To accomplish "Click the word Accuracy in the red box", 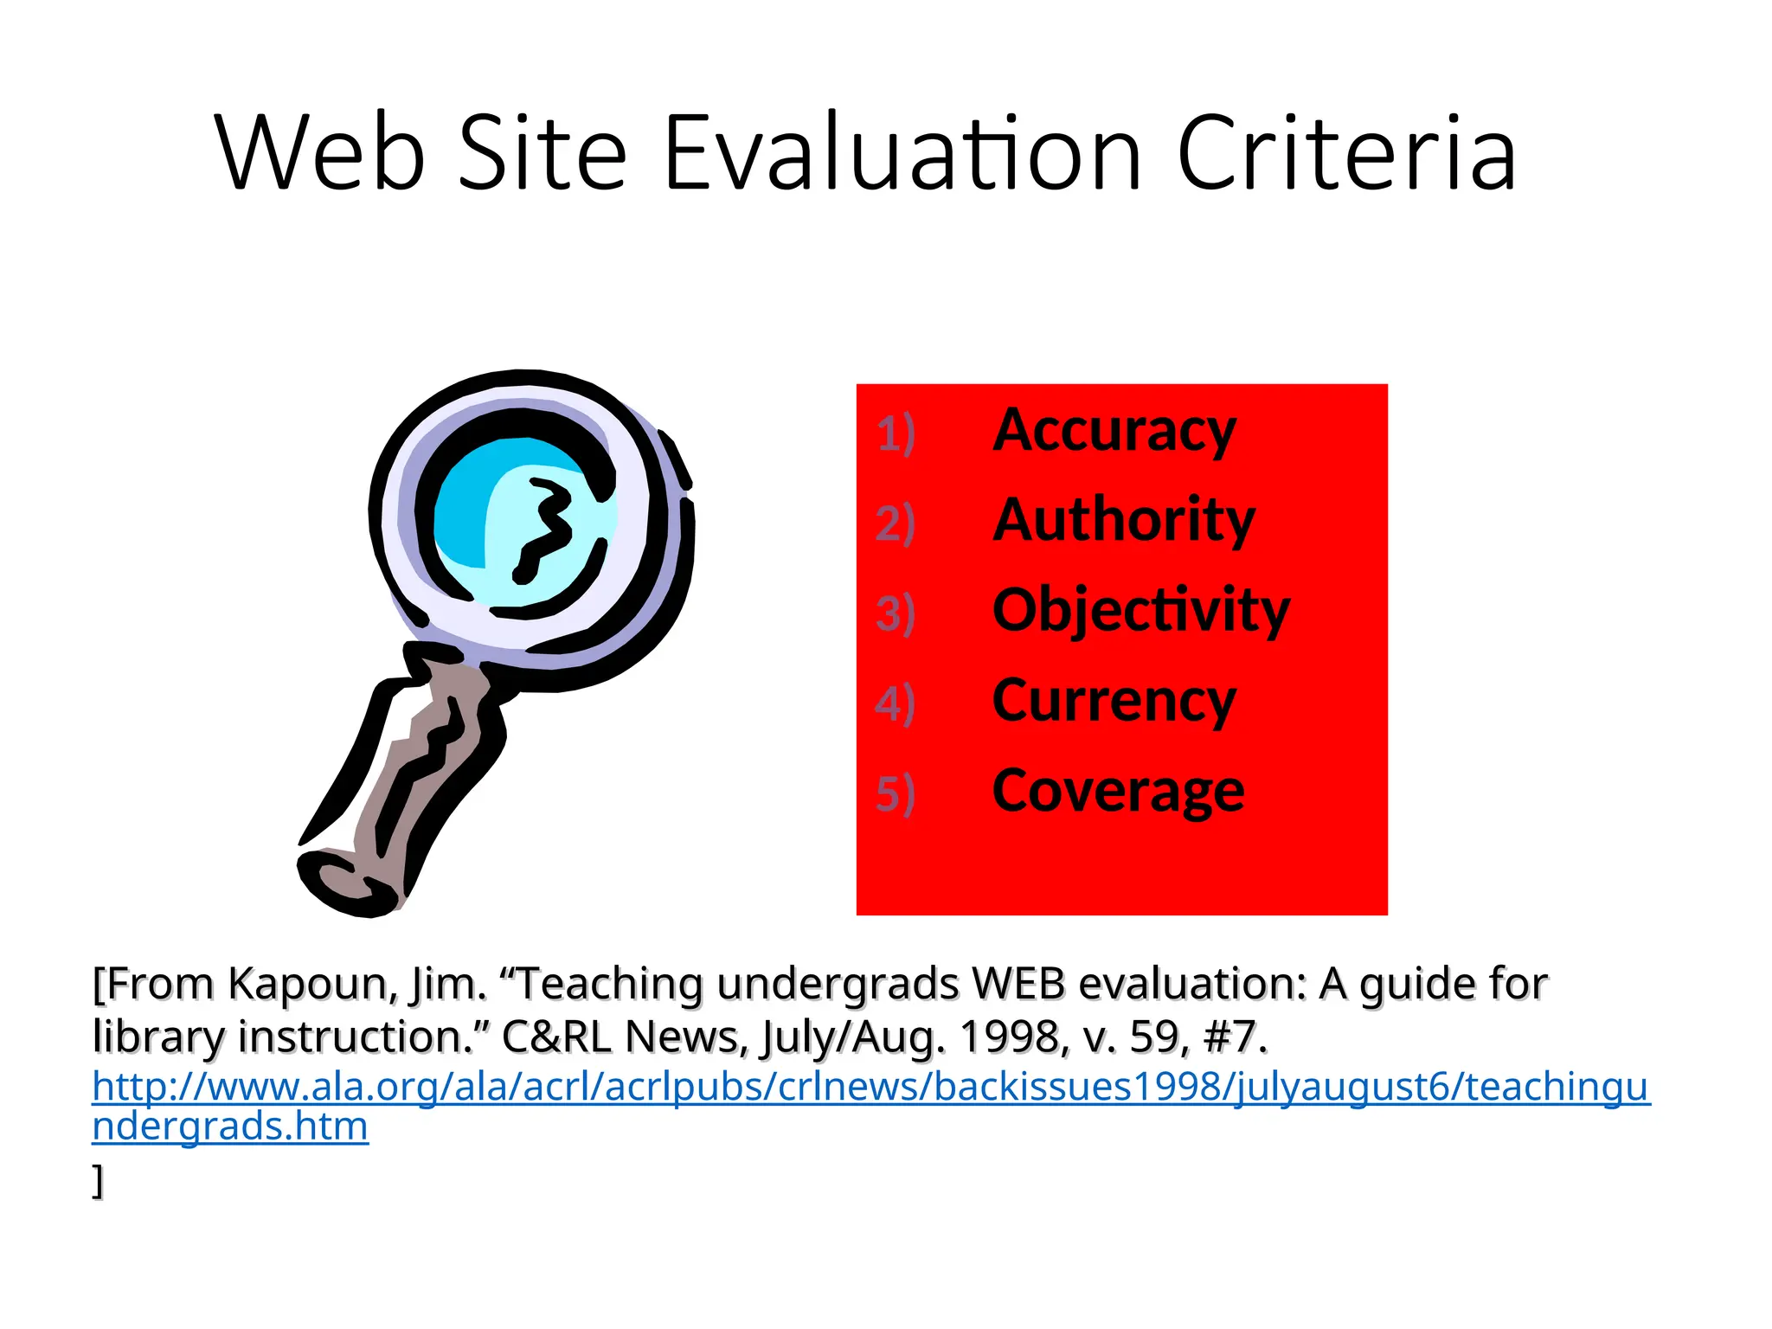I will tap(1114, 431).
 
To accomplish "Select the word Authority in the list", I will tap(1124, 521).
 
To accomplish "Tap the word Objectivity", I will tap(1141, 611).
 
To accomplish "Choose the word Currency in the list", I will tap(1114, 701).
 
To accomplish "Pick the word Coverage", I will tap(1119, 791).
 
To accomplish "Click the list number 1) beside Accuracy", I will tap(896, 433).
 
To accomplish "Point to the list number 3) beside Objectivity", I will tap(896, 613).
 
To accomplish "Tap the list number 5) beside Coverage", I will tap(896, 793).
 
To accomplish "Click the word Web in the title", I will tap(320, 154).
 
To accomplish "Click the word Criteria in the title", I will tap(1346, 154).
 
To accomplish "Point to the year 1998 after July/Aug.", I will tap(1010, 1037).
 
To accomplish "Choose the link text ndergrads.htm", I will tap(230, 1127).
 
